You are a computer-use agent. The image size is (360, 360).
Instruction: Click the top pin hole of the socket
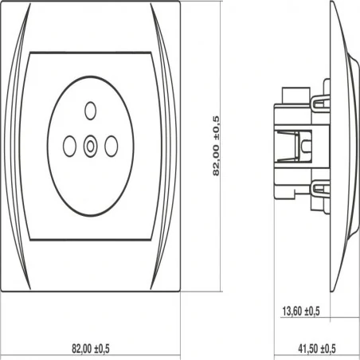click(91, 111)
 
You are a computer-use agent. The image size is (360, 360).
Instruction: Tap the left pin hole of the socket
click(69, 146)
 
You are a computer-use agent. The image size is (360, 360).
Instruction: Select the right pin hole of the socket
click(112, 146)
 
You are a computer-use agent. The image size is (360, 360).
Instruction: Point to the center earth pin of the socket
click(91, 146)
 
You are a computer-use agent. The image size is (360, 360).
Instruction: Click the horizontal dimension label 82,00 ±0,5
click(91, 348)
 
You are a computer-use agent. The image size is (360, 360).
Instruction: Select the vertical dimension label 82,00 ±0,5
click(216, 146)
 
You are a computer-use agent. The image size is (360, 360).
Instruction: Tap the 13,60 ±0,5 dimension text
click(301, 311)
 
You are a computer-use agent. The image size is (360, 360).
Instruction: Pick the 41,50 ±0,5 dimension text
click(317, 348)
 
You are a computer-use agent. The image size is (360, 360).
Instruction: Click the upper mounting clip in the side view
click(320, 103)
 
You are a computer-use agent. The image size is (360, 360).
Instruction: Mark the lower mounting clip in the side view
click(320, 189)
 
